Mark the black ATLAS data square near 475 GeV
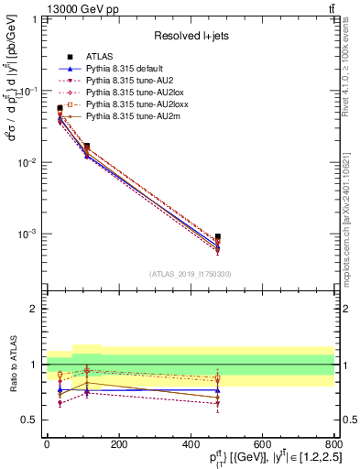pyautogui.click(x=217, y=237)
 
